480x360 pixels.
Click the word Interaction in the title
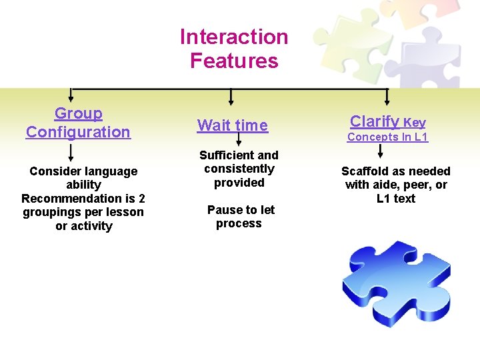point(234,37)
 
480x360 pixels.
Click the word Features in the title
point(234,61)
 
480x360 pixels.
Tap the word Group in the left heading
point(79,114)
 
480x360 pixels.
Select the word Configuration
point(78,132)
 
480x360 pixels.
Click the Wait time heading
point(233,125)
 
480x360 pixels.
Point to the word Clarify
point(375,121)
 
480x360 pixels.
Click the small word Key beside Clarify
point(415,123)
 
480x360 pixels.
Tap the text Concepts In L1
point(387,137)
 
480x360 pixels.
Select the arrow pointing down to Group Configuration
point(71,96)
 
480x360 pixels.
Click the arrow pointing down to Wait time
point(231,97)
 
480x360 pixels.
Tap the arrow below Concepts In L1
point(381,151)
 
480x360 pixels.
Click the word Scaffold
point(365,171)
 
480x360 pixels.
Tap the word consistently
point(239,169)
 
